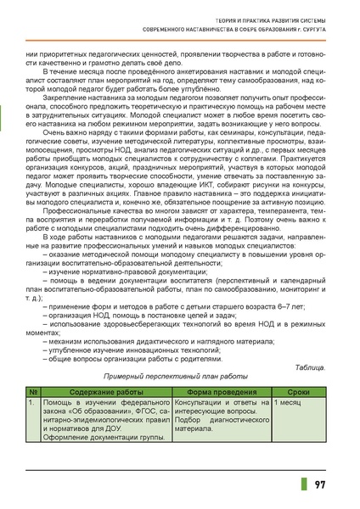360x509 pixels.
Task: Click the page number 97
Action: [319, 484]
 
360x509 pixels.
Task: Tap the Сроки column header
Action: [299, 391]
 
